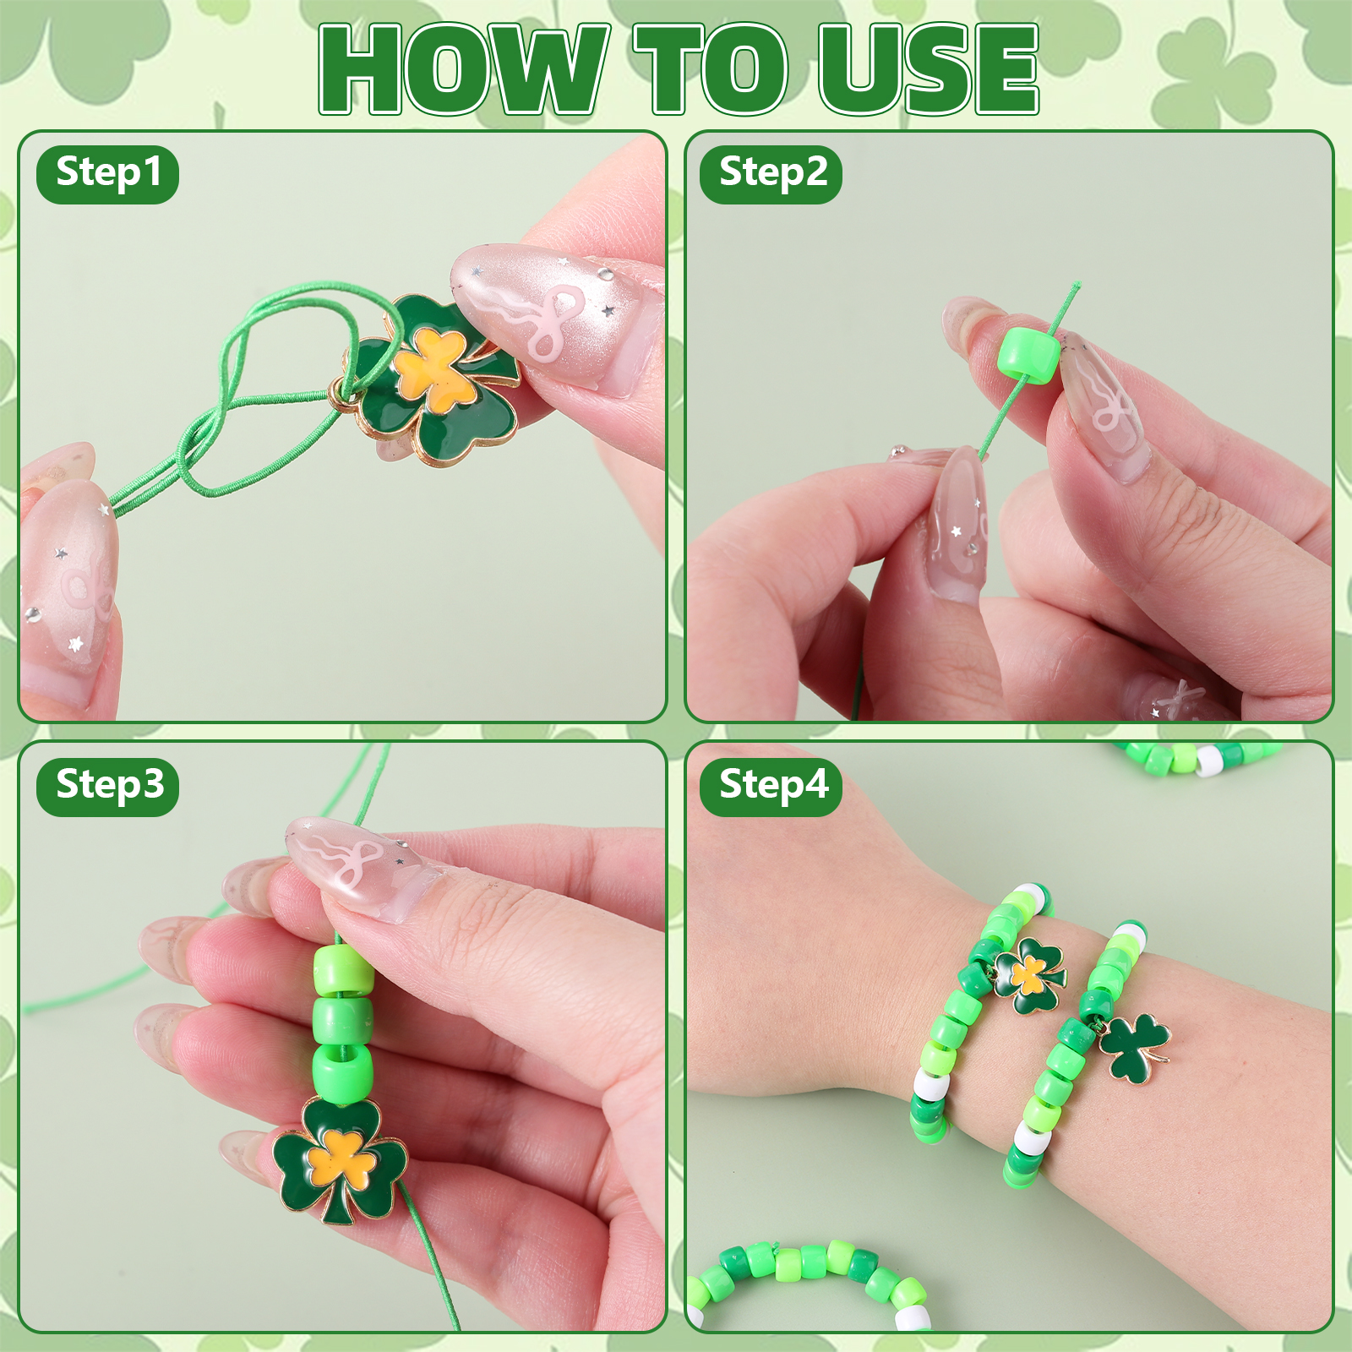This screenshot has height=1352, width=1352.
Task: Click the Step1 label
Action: coord(108,174)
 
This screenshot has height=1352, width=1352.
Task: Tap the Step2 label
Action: coord(771,174)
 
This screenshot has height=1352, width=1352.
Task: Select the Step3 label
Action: coord(108,787)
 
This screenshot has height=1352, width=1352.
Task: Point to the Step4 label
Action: coord(771,787)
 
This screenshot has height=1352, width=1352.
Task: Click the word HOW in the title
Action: coord(464,69)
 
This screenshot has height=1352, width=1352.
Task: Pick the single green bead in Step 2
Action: coord(1028,358)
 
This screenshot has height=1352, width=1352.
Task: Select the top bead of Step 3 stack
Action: coord(343,970)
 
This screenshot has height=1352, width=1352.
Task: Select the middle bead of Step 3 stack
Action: coord(342,1021)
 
